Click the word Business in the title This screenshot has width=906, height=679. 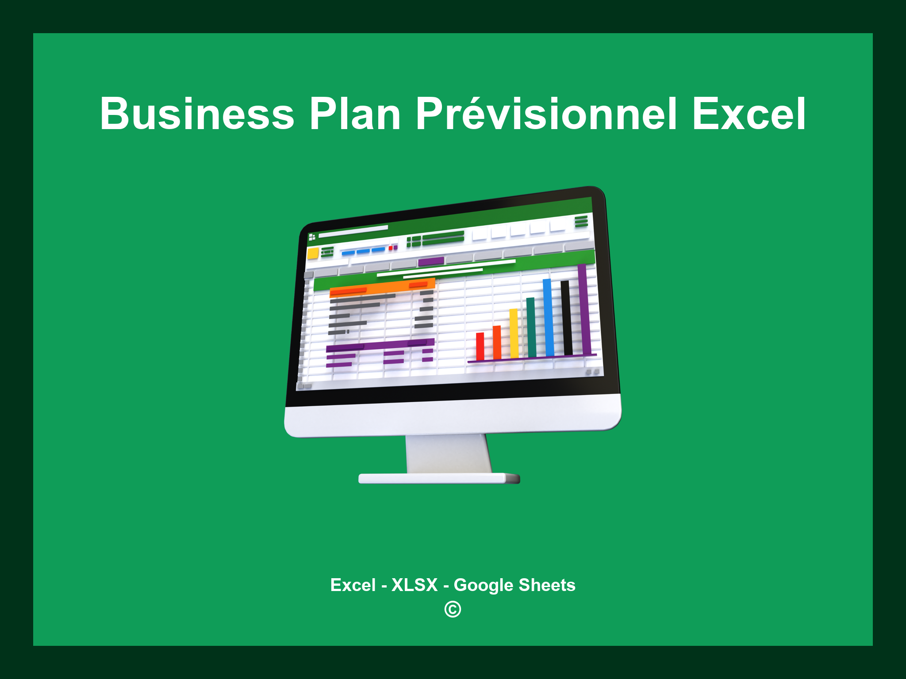(x=197, y=114)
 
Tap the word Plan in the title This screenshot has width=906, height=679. (x=355, y=114)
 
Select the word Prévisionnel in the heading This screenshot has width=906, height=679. (x=546, y=114)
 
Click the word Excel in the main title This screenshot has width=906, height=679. (x=749, y=114)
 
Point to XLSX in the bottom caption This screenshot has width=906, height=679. (x=415, y=585)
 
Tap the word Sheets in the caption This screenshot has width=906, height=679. (x=547, y=585)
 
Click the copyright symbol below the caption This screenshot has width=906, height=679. (x=453, y=610)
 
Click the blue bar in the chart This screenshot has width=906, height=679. (x=549, y=317)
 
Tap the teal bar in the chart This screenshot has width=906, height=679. (x=531, y=327)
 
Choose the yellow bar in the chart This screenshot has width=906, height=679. (x=514, y=333)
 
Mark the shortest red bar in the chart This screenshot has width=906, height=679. (x=480, y=346)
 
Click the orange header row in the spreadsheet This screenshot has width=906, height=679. (x=382, y=288)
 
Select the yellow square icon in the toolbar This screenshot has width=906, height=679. (x=313, y=253)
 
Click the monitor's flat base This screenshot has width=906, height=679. (x=439, y=478)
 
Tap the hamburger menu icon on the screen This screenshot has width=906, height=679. (x=581, y=221)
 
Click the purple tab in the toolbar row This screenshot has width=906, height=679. (x=431, y=261)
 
